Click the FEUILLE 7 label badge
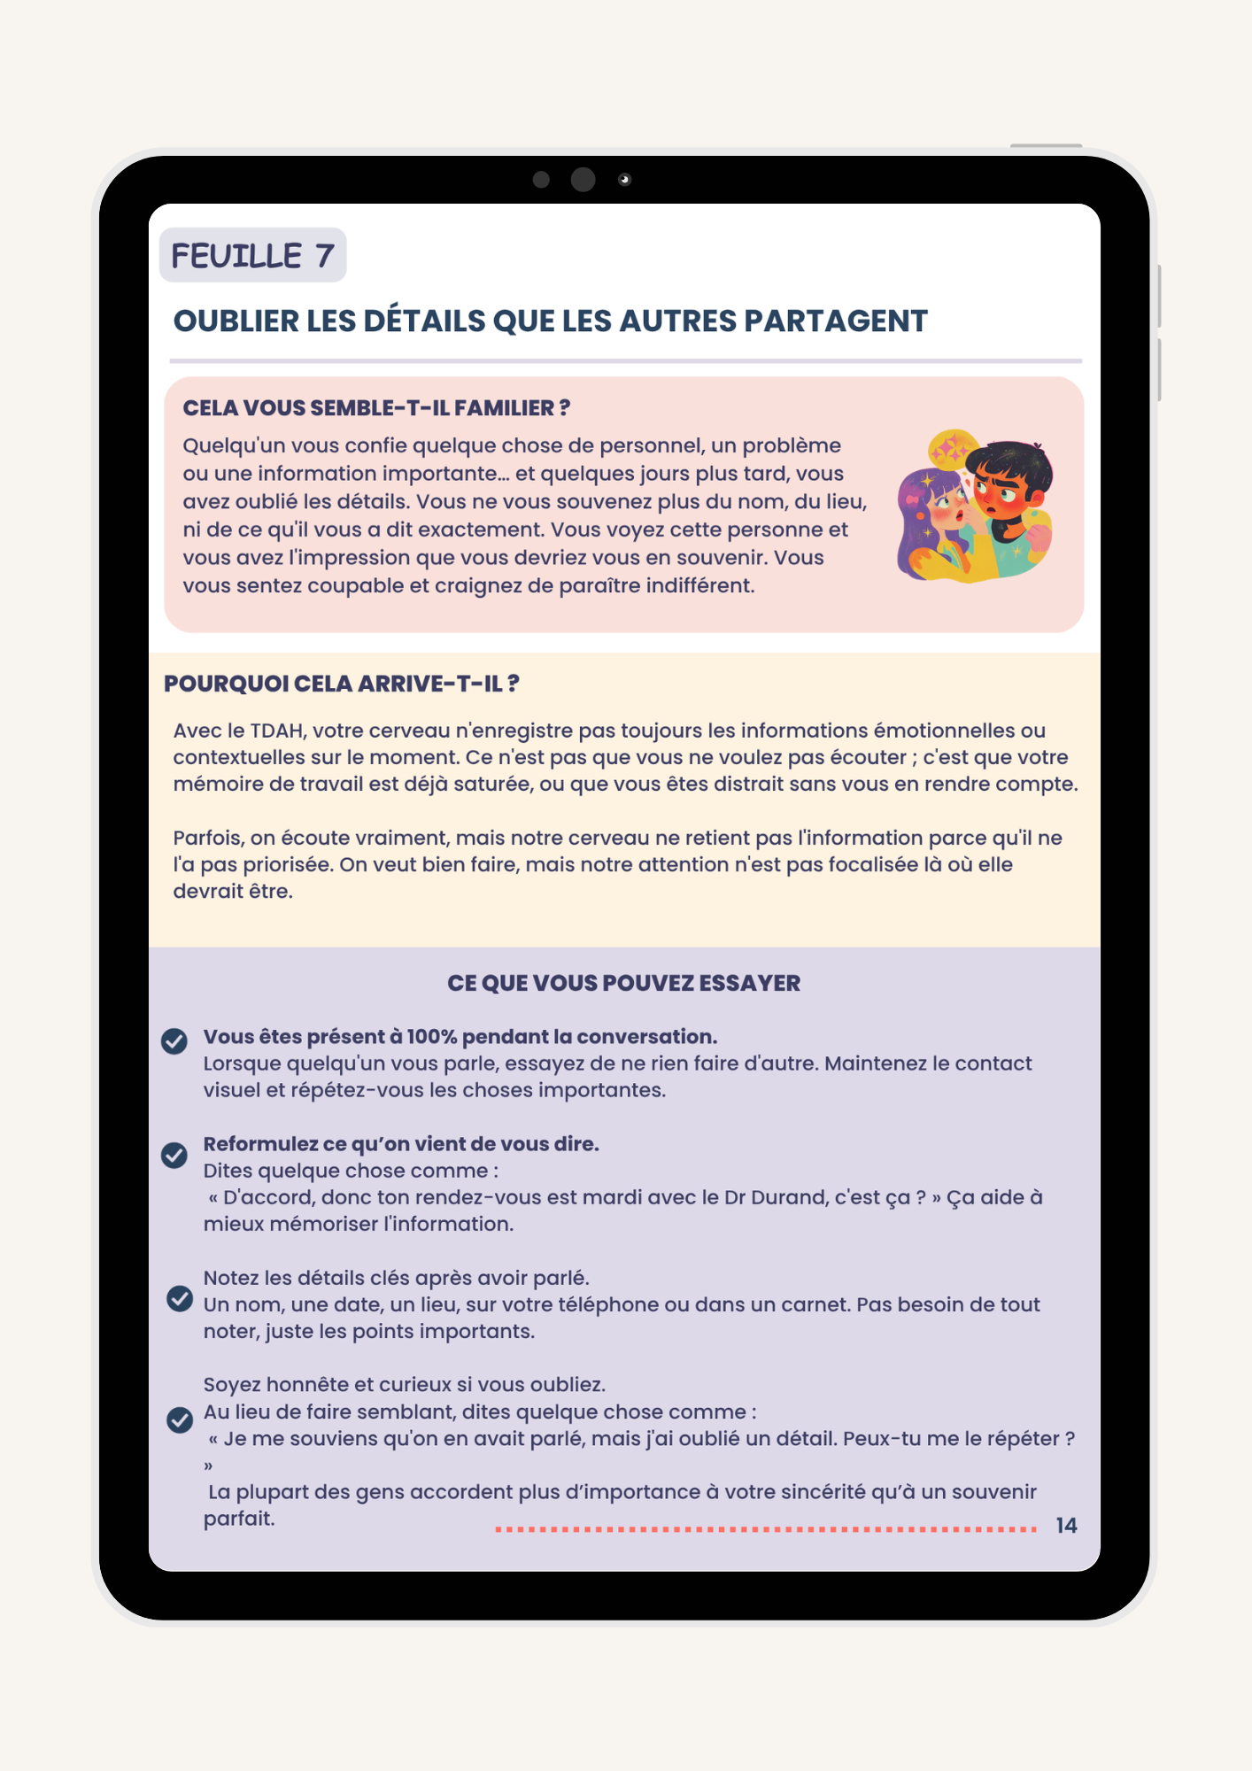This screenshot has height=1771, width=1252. pos(252,256)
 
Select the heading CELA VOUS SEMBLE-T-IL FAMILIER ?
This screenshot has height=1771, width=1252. pos(376,408)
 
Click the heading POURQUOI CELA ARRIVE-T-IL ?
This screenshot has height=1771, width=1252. pos(341,684)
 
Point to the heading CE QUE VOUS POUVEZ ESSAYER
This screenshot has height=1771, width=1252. pos(623,983)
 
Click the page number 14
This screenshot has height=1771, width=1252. pos(1066,1525)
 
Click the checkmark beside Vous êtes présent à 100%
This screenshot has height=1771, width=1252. pos(174,1041)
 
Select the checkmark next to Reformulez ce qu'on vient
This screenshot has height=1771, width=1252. pos(174,1155)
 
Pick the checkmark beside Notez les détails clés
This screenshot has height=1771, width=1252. pos(180,1298)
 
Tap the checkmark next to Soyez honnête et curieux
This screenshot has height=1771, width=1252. pos(180,1419)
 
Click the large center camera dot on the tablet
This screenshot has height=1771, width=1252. pos(583,180)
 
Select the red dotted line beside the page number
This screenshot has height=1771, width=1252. pos(766,1528)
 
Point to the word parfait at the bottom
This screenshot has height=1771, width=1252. pos(239,1519)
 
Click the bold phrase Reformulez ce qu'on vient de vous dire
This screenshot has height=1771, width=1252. pos(401,1144)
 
